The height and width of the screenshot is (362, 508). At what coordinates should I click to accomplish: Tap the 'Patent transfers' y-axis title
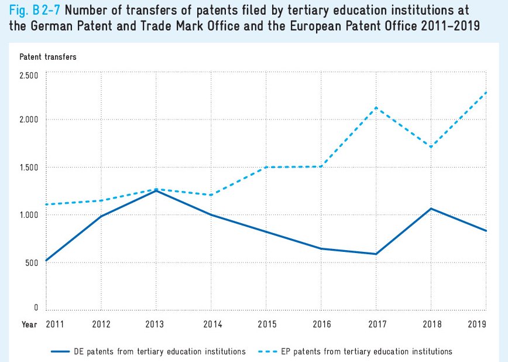click(48, 57)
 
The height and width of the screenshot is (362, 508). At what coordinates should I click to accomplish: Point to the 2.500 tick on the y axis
click(28, 76)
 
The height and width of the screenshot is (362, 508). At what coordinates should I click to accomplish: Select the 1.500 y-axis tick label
click(28, 168)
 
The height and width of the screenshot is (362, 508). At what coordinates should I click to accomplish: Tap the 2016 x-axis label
click(321, 323)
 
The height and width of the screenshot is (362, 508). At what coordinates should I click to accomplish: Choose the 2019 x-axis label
click(478, 323)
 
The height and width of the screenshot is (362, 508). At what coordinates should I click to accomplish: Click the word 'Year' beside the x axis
click(29, 323)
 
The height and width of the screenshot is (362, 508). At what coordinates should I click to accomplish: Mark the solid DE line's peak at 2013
click(156, 191)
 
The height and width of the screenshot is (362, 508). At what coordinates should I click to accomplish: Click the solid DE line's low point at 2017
click(376, 254)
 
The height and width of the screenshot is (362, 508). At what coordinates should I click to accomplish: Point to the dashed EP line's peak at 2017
click(376, 108)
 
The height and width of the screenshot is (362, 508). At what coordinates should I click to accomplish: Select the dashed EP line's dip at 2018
click(431, 147)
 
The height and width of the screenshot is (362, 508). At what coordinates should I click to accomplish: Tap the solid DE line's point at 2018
click(431, 209)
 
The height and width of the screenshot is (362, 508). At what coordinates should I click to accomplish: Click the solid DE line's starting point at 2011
click(46, 261)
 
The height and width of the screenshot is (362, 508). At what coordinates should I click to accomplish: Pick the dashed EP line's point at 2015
click(266, 168)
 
